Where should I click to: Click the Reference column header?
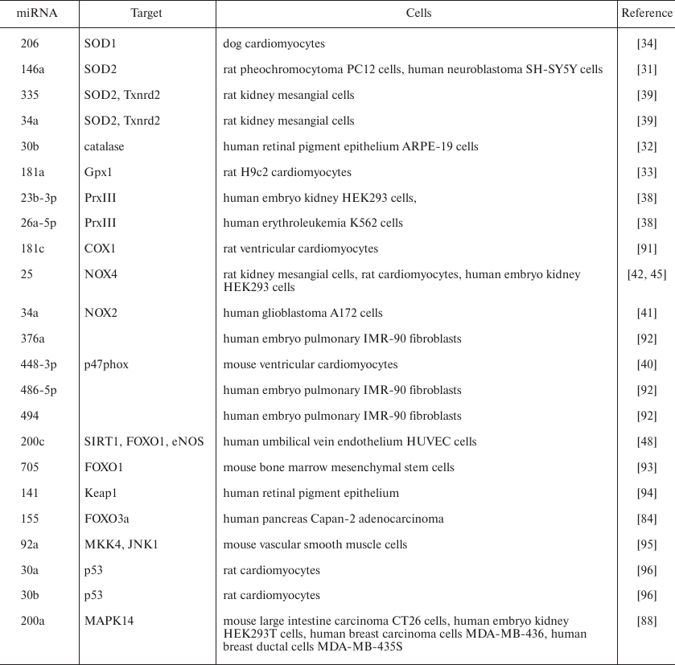tap(646, 13)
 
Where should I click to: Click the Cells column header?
tap(418, 13)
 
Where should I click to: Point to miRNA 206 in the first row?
tap(30, 43)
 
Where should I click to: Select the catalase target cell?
tap(105, 146)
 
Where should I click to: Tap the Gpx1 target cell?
tap(98, 172)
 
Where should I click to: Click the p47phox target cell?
tap(106, 364)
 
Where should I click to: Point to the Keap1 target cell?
tap(99, 493)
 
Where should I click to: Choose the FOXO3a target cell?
tap(105, 519)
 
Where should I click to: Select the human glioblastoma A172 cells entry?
tap(303, 313)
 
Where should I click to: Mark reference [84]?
tap(647, 519)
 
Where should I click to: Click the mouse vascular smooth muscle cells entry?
tap(315, 544)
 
